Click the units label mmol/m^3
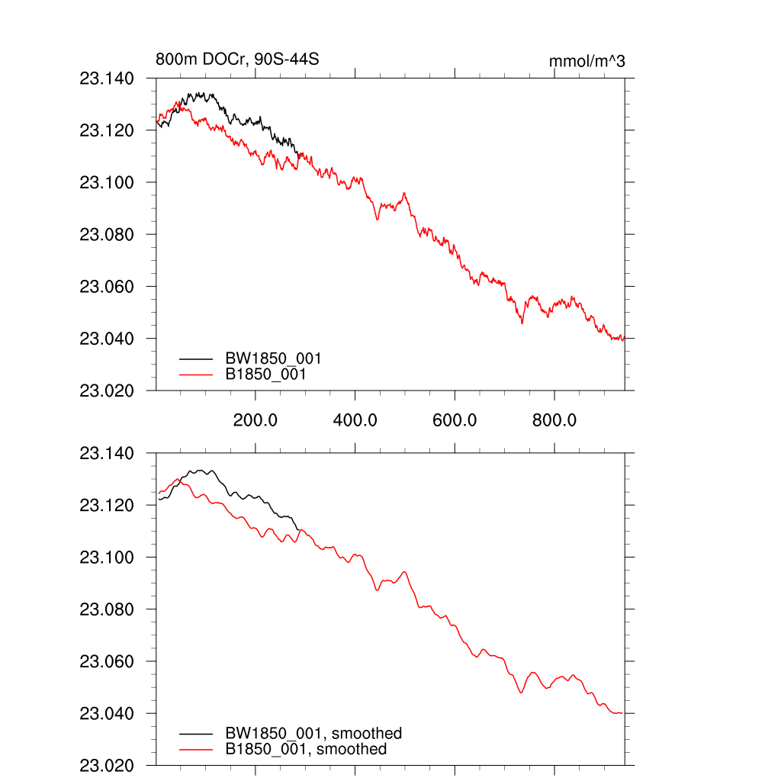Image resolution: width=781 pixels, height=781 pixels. click(x=587, y=61)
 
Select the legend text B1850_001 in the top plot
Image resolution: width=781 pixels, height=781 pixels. click(x=266, y=374)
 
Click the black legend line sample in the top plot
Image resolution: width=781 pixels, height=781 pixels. click(x=197, y=358)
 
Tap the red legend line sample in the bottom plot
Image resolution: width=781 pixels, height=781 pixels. click(x=197, y=750)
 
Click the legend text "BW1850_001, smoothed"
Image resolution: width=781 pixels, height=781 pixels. click(x=313, y=734)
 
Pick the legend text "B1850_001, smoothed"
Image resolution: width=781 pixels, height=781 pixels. click(x=306, y=750)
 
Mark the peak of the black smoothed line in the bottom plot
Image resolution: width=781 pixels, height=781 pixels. click(x=202, y=471)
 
